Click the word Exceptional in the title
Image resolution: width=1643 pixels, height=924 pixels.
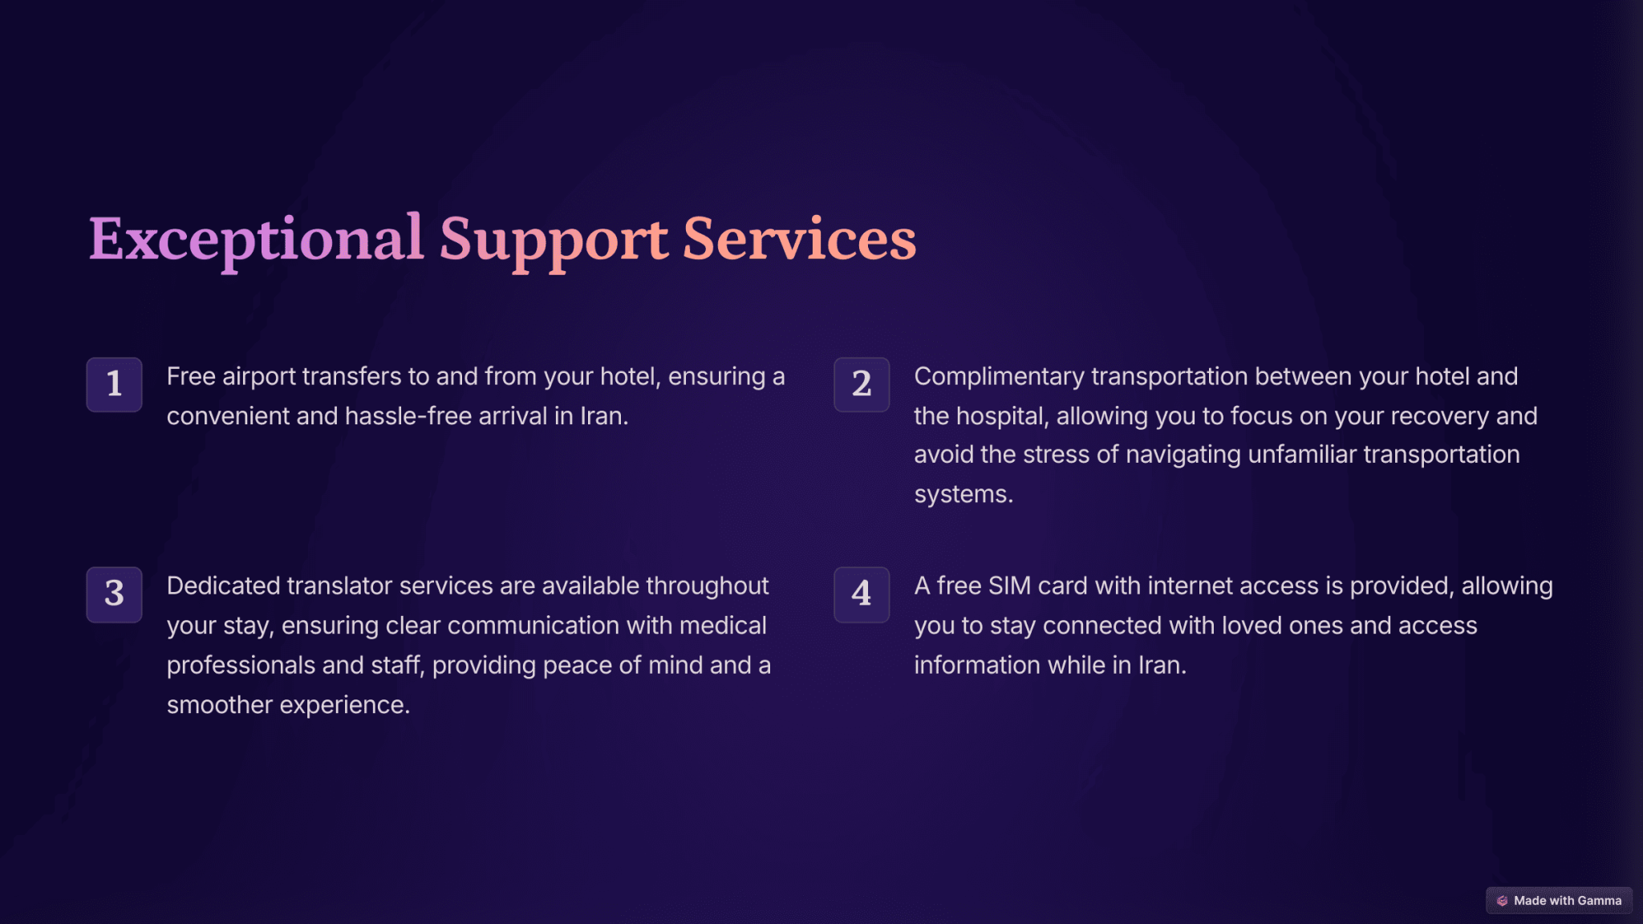(x=256, y=240)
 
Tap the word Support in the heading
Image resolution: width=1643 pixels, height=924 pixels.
(x=554, y=241)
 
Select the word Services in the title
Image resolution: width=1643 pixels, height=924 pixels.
(x=800, y=239)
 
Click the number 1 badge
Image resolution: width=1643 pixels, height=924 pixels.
(x=114, y=384)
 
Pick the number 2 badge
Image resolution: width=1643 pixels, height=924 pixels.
(x=862, y=384)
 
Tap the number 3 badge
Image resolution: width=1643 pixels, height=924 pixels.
(x=114, y=594)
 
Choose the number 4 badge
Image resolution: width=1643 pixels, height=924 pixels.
(x=862, y=594)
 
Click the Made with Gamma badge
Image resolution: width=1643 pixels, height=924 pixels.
(x=1559, y=900)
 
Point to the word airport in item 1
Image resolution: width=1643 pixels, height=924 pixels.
(x=258, y=377)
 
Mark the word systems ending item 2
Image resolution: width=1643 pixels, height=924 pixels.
(x=963, y=494)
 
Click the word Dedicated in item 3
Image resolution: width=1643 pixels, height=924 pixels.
(x=224, y=586)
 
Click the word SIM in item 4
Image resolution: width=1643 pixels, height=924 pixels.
(x=1009, y=586)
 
